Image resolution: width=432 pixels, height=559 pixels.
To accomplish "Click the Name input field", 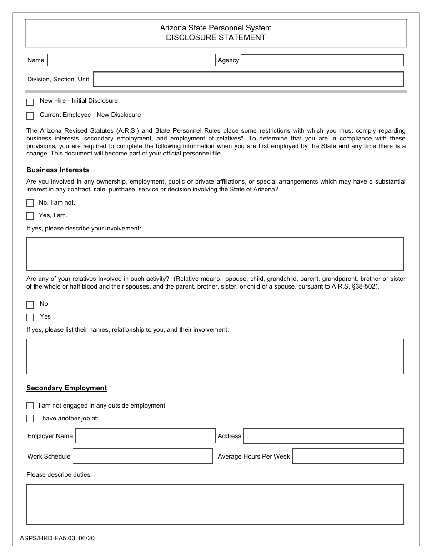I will point(131,60).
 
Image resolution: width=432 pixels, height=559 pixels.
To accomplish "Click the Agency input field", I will point(322,60).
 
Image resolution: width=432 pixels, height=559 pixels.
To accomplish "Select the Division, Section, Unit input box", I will point(248,79).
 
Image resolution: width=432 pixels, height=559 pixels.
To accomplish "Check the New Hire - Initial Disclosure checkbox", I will point(30,102).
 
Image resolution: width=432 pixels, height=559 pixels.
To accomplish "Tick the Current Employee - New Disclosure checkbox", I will point(30,116).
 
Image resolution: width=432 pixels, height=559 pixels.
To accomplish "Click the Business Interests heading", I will point(58,170).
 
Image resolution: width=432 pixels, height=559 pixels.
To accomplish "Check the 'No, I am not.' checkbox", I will point(30,203).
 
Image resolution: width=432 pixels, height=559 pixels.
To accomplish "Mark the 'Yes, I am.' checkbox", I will point(30,216).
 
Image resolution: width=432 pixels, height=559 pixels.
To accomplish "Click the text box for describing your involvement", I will point(215,254).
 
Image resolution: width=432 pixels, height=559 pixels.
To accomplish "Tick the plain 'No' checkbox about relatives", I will point(30,305).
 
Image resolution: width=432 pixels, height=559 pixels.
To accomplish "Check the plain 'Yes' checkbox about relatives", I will point(30,318).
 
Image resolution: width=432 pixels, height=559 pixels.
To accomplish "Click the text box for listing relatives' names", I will point(215,356).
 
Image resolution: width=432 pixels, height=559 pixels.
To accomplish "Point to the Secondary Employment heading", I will point(66,388).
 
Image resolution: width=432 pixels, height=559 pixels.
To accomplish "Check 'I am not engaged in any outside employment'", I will point(30,406).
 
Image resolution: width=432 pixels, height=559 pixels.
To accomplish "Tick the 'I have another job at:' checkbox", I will point(30,419).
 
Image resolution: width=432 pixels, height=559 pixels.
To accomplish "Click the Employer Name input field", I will point(145,435).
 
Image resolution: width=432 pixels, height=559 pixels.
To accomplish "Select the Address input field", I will point(323,435).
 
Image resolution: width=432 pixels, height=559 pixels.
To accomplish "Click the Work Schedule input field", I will point(143,456).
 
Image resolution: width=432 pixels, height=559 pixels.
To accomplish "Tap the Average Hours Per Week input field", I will point(348,456).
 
